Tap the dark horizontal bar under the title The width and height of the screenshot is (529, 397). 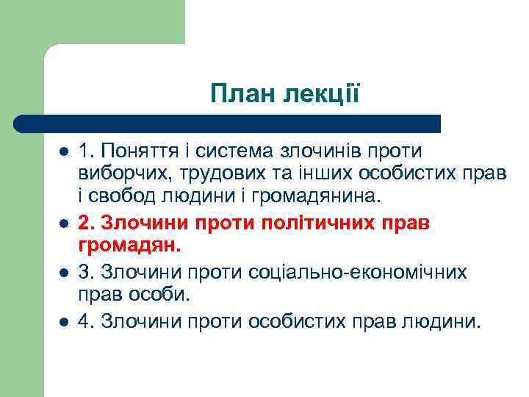point(228,124)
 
